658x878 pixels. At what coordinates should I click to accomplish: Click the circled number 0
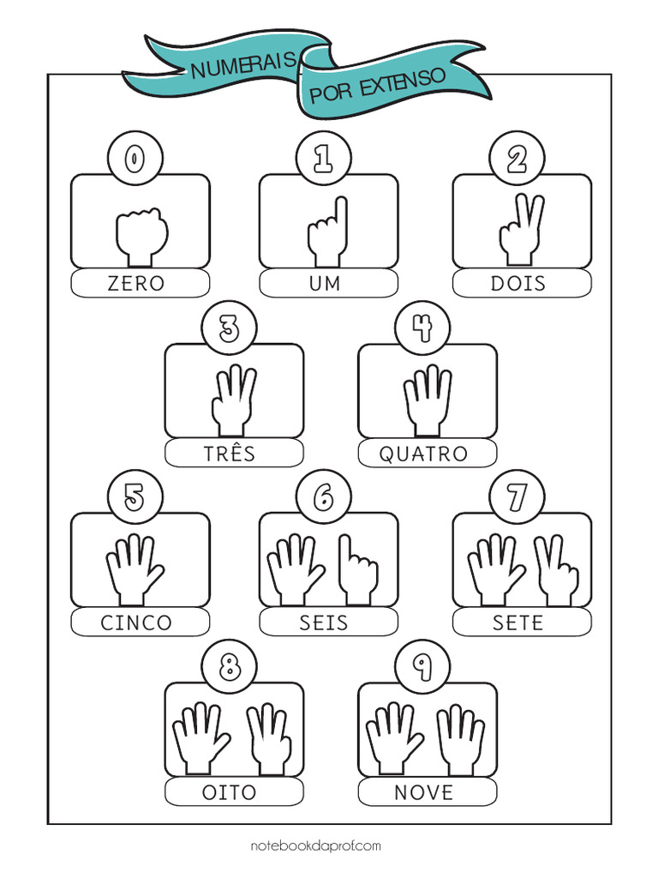[x=135, y=159]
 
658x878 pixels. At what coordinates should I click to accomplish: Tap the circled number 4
[x=422, y=328]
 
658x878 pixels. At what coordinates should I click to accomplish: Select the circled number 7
[x=517, y=497]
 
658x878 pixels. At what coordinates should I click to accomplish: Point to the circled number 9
[x=422, y=666]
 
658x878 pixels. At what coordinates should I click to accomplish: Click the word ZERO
[x=136, y=283]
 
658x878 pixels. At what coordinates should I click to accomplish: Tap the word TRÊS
[x=230, y=453]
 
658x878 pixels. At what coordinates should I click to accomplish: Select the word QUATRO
[x=423, y=454]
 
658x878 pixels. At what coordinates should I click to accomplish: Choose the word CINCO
[x=136, y=622]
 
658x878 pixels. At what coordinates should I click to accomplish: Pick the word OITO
[x=230, y=792]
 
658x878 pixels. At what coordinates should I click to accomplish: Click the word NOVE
[x=423, y=792]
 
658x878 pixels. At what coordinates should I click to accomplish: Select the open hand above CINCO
[x=135, y=569]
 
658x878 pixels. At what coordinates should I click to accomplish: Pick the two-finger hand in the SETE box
[x=555, y=570]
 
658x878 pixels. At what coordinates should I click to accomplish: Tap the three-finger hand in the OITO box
[x=269, y=739]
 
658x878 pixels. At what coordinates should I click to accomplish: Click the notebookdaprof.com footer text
[x=315, y=845]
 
